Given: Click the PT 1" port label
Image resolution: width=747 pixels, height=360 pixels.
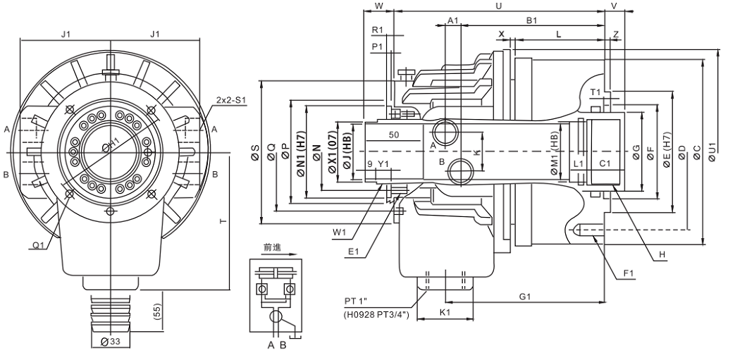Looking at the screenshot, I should (x=358, y=301).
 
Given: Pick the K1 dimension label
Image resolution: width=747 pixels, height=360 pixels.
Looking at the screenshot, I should (x=445, y=311).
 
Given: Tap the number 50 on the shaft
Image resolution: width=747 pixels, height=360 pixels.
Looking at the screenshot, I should (x=393, y=134).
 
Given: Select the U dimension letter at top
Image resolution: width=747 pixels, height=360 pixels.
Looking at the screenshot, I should (x=499, y=6).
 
